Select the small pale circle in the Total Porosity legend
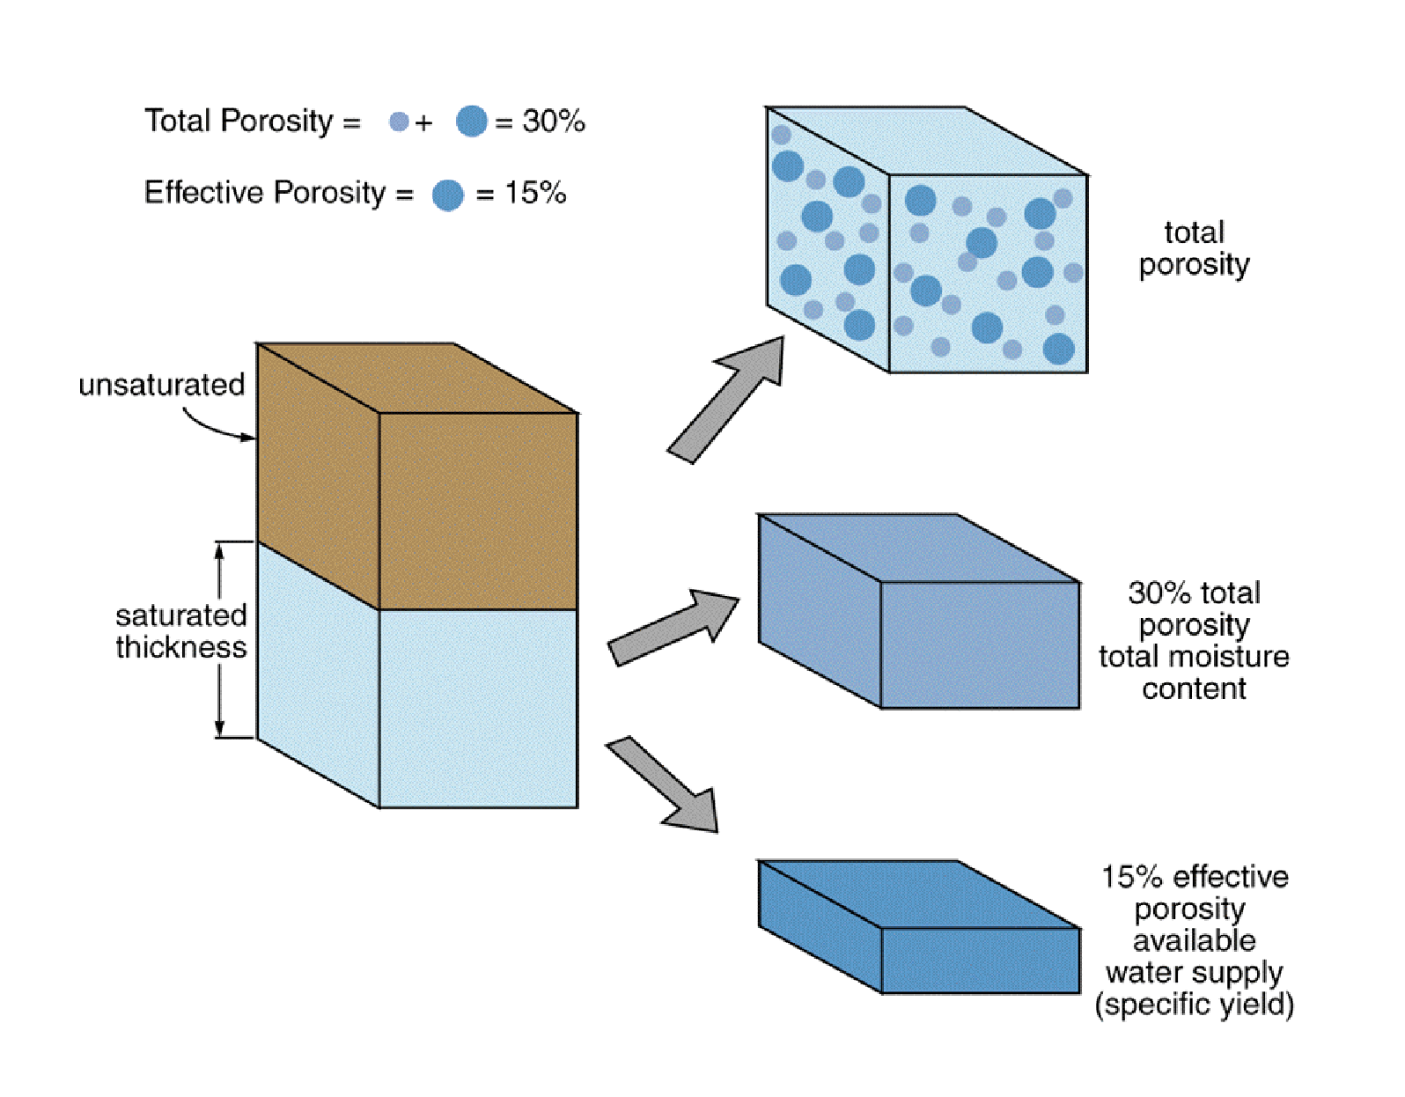tap(399, 121)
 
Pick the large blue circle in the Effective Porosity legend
tap(448, 195)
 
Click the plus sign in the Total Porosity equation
tap(424, 122)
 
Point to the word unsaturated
tap(162, 385)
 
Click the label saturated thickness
tap(180, 631)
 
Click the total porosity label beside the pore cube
tap(1194, 248)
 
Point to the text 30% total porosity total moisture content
tap(1194, 640)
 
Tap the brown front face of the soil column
tap(478, 511)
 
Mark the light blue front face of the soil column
tap(478, 708)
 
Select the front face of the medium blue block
tap(980, 644)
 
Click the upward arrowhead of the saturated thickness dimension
tap(220, 549)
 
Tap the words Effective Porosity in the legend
tap(265, 192)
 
